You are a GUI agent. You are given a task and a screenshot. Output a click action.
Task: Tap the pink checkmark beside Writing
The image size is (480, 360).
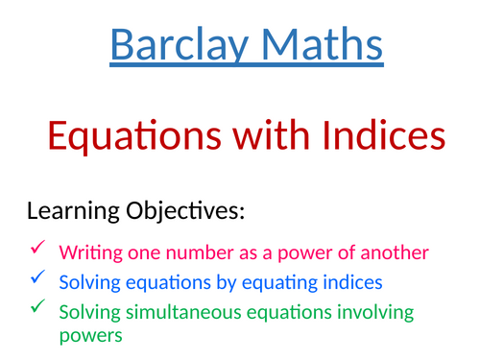pyautogui.click(x=37, y=249)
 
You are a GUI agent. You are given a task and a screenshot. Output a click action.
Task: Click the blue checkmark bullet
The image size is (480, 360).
pyautogui.click(x=37, y=278)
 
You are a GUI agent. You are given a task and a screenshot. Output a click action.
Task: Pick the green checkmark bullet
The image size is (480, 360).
pyautogui.click(x=37, y=307)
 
